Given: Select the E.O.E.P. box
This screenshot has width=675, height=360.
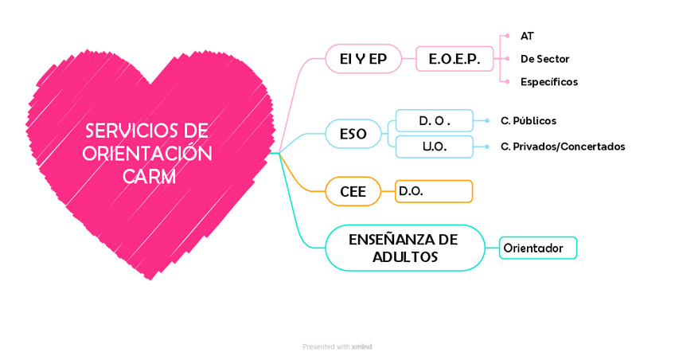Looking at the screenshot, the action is click(x=455, y=59).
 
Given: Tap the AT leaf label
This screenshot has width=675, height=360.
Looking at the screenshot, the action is click(x=527, y=36).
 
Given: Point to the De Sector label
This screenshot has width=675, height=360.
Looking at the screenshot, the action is click(x=544, y=59).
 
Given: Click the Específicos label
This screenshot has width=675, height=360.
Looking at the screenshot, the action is click(x=548, y=82).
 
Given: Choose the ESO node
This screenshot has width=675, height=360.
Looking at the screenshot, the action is click(x=353, y=134).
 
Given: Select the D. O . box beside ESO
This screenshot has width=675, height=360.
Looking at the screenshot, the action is click(x=435, y=121).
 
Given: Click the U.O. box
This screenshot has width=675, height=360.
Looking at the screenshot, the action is click(x=435, y=147).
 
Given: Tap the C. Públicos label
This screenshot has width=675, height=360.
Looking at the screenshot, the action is click(x=529, y=121).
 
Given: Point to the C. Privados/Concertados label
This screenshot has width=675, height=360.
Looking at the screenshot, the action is click(x=563, y=147).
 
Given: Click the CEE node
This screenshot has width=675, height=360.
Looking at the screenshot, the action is click(x=353, y=191).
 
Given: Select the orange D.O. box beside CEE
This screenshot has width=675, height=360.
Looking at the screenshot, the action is click(x=434, y=191).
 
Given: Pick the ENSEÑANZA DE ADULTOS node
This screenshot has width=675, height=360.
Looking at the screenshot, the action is click(x=404, y=248).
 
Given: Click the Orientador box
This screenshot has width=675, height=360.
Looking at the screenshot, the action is click(x=537, y=248).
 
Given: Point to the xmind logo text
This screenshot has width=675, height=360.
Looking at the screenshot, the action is click(x=361, y=346).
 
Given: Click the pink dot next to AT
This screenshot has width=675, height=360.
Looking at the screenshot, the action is click(x=507, y=36).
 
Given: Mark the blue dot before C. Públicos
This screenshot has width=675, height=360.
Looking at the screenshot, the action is click(x=486, y=121).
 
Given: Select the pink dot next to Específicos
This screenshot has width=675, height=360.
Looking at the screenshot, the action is click(x=507, y=82).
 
